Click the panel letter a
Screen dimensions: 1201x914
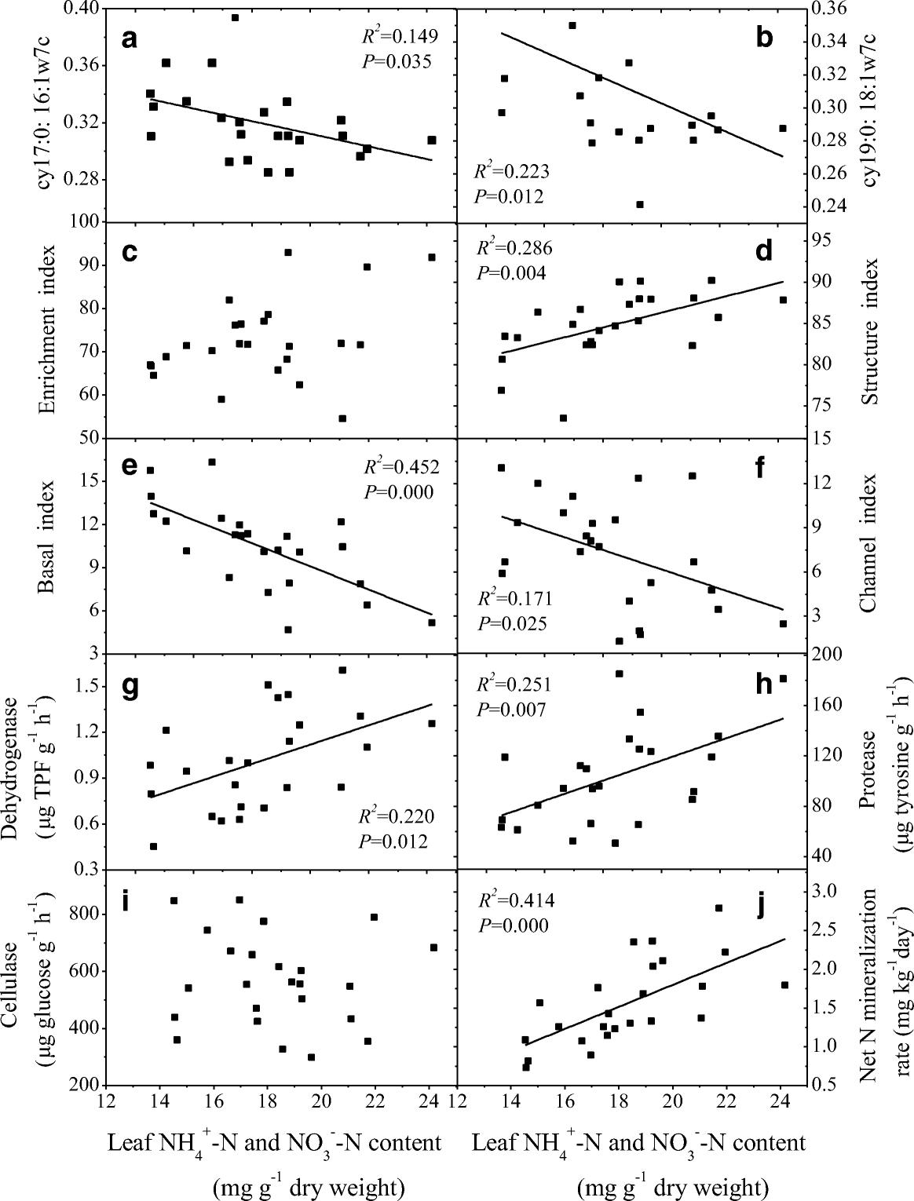130,38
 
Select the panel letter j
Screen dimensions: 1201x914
761,903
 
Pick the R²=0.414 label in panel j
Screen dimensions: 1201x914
515,900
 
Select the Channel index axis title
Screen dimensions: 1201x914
868,546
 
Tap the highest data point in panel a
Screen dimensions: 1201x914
235,17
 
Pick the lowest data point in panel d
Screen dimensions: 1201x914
563,418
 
